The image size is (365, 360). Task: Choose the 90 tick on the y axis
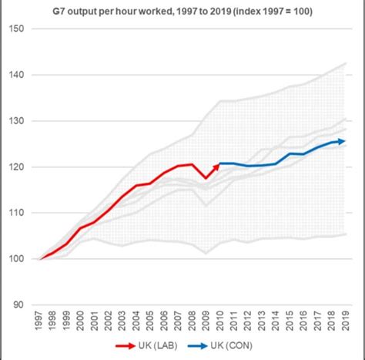coord(19,304)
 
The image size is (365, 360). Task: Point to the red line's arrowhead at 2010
coord(218,164)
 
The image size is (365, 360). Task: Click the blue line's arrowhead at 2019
coord(342,141)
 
